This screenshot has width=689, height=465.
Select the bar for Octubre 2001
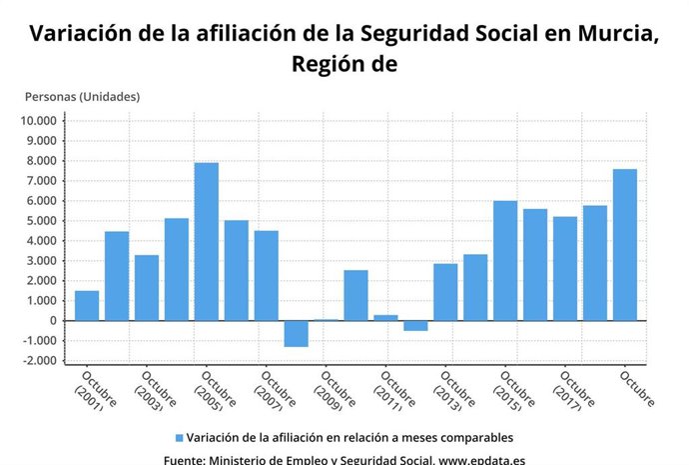(87, 306)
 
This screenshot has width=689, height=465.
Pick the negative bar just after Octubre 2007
(296, 333)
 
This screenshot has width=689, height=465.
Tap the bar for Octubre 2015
(505, 261)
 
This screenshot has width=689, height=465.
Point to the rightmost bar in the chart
(624, 245)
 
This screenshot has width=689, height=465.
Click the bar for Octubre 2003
(147, 288)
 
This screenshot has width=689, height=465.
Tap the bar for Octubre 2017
(565, 269)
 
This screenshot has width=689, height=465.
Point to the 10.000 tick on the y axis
(40, 121)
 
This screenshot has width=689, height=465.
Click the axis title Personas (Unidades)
(82, 97)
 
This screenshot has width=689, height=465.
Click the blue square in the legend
(179, 438)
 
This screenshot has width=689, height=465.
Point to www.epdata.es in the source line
(482, 460)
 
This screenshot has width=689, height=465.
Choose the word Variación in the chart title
(80, 33)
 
